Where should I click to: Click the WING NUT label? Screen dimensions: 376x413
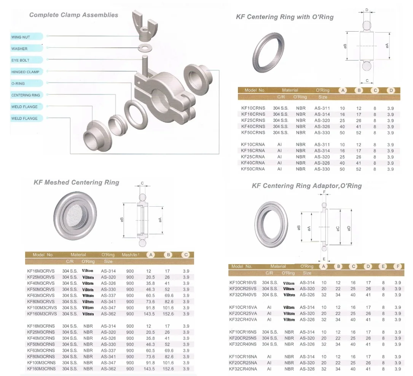point(21,37)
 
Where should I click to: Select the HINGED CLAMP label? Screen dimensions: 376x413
point(25,72)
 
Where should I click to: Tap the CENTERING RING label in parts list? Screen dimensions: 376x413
point(26,95)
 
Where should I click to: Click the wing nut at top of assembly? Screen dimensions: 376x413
point(144,25)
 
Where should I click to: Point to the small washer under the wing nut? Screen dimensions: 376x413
point(144,48)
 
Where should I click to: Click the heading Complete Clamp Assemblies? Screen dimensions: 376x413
point(73,15)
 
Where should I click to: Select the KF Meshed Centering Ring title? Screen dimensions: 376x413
point(76,182)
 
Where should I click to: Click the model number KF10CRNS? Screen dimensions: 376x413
point(253,108)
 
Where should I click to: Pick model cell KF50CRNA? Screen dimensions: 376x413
point(253,169)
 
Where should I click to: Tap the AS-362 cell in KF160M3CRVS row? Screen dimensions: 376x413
point(108,314)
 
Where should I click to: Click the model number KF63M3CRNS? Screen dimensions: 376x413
point(41,351)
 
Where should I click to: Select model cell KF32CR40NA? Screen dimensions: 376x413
point(243,369)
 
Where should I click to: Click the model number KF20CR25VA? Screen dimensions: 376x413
point(243,314)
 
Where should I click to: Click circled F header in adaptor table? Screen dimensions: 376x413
point(398,266)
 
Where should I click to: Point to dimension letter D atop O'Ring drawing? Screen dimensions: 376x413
point(367,10)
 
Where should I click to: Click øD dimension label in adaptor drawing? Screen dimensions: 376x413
point(349,228)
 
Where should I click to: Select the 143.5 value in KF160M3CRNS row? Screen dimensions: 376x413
point(149,369)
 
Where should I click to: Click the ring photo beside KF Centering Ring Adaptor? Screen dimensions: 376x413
point(273,225)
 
